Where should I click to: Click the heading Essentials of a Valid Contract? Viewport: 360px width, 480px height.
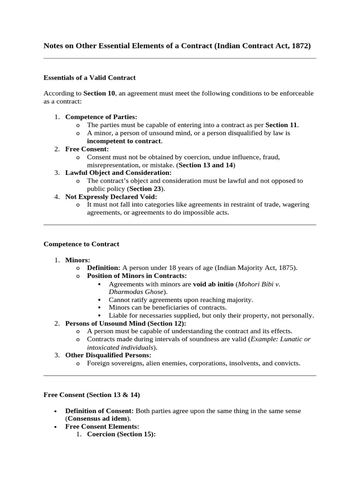point(90,78)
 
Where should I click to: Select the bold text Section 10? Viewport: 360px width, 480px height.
point(98,93)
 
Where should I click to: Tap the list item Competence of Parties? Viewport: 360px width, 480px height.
point(101,117)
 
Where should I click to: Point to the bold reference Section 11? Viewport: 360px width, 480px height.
point(281,125)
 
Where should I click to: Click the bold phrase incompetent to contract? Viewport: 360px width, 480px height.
point(124,141)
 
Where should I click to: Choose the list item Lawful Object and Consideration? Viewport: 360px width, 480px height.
point(119,172)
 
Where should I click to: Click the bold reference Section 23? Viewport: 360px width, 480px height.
point(147,188)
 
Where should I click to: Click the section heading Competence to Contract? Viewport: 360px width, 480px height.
point(81,244)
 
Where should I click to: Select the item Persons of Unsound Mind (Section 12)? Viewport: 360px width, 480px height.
point(126,323)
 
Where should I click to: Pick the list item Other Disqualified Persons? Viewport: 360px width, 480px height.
point(105,355)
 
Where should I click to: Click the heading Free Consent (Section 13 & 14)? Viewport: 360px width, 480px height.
point(91,395)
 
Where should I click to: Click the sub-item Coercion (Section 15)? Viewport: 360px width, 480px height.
point(121,434)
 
